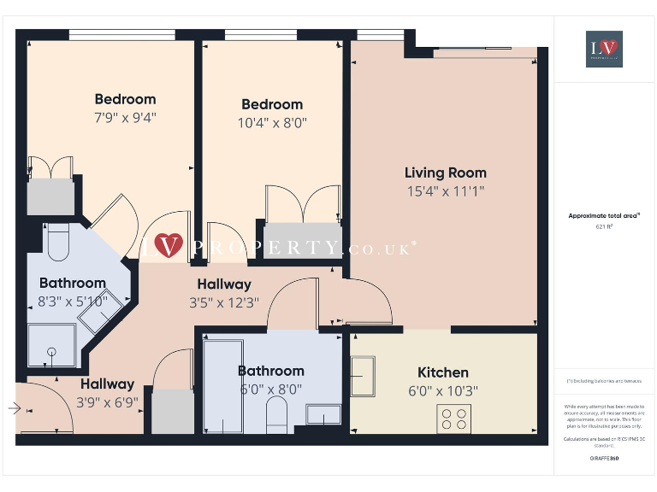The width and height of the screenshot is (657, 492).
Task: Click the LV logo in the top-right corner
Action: tap(604, 49)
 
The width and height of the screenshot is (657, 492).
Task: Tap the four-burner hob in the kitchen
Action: tap(453, 418)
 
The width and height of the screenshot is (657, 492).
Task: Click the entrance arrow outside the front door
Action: tap(14, 408)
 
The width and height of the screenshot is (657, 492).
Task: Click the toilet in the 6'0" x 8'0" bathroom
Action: tap(276, 417)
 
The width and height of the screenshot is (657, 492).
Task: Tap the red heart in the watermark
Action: tap(169, 246)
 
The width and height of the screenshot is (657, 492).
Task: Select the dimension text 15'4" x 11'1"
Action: tap(445, 192)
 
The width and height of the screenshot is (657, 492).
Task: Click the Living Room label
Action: tap(445, 173)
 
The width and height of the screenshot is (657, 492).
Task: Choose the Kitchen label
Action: tap(442, 372)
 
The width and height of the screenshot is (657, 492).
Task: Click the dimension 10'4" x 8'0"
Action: tap(271, 123)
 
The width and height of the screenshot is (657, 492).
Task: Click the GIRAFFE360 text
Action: tap(604, 459)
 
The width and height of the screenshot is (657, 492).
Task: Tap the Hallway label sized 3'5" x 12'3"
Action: tap(224, 284)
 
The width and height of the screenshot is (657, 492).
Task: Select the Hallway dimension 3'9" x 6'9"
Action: tap(107, 402)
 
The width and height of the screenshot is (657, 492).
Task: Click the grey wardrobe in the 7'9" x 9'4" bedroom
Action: tap(51, 197)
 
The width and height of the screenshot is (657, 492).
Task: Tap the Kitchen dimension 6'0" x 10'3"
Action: tap(442, 391)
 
